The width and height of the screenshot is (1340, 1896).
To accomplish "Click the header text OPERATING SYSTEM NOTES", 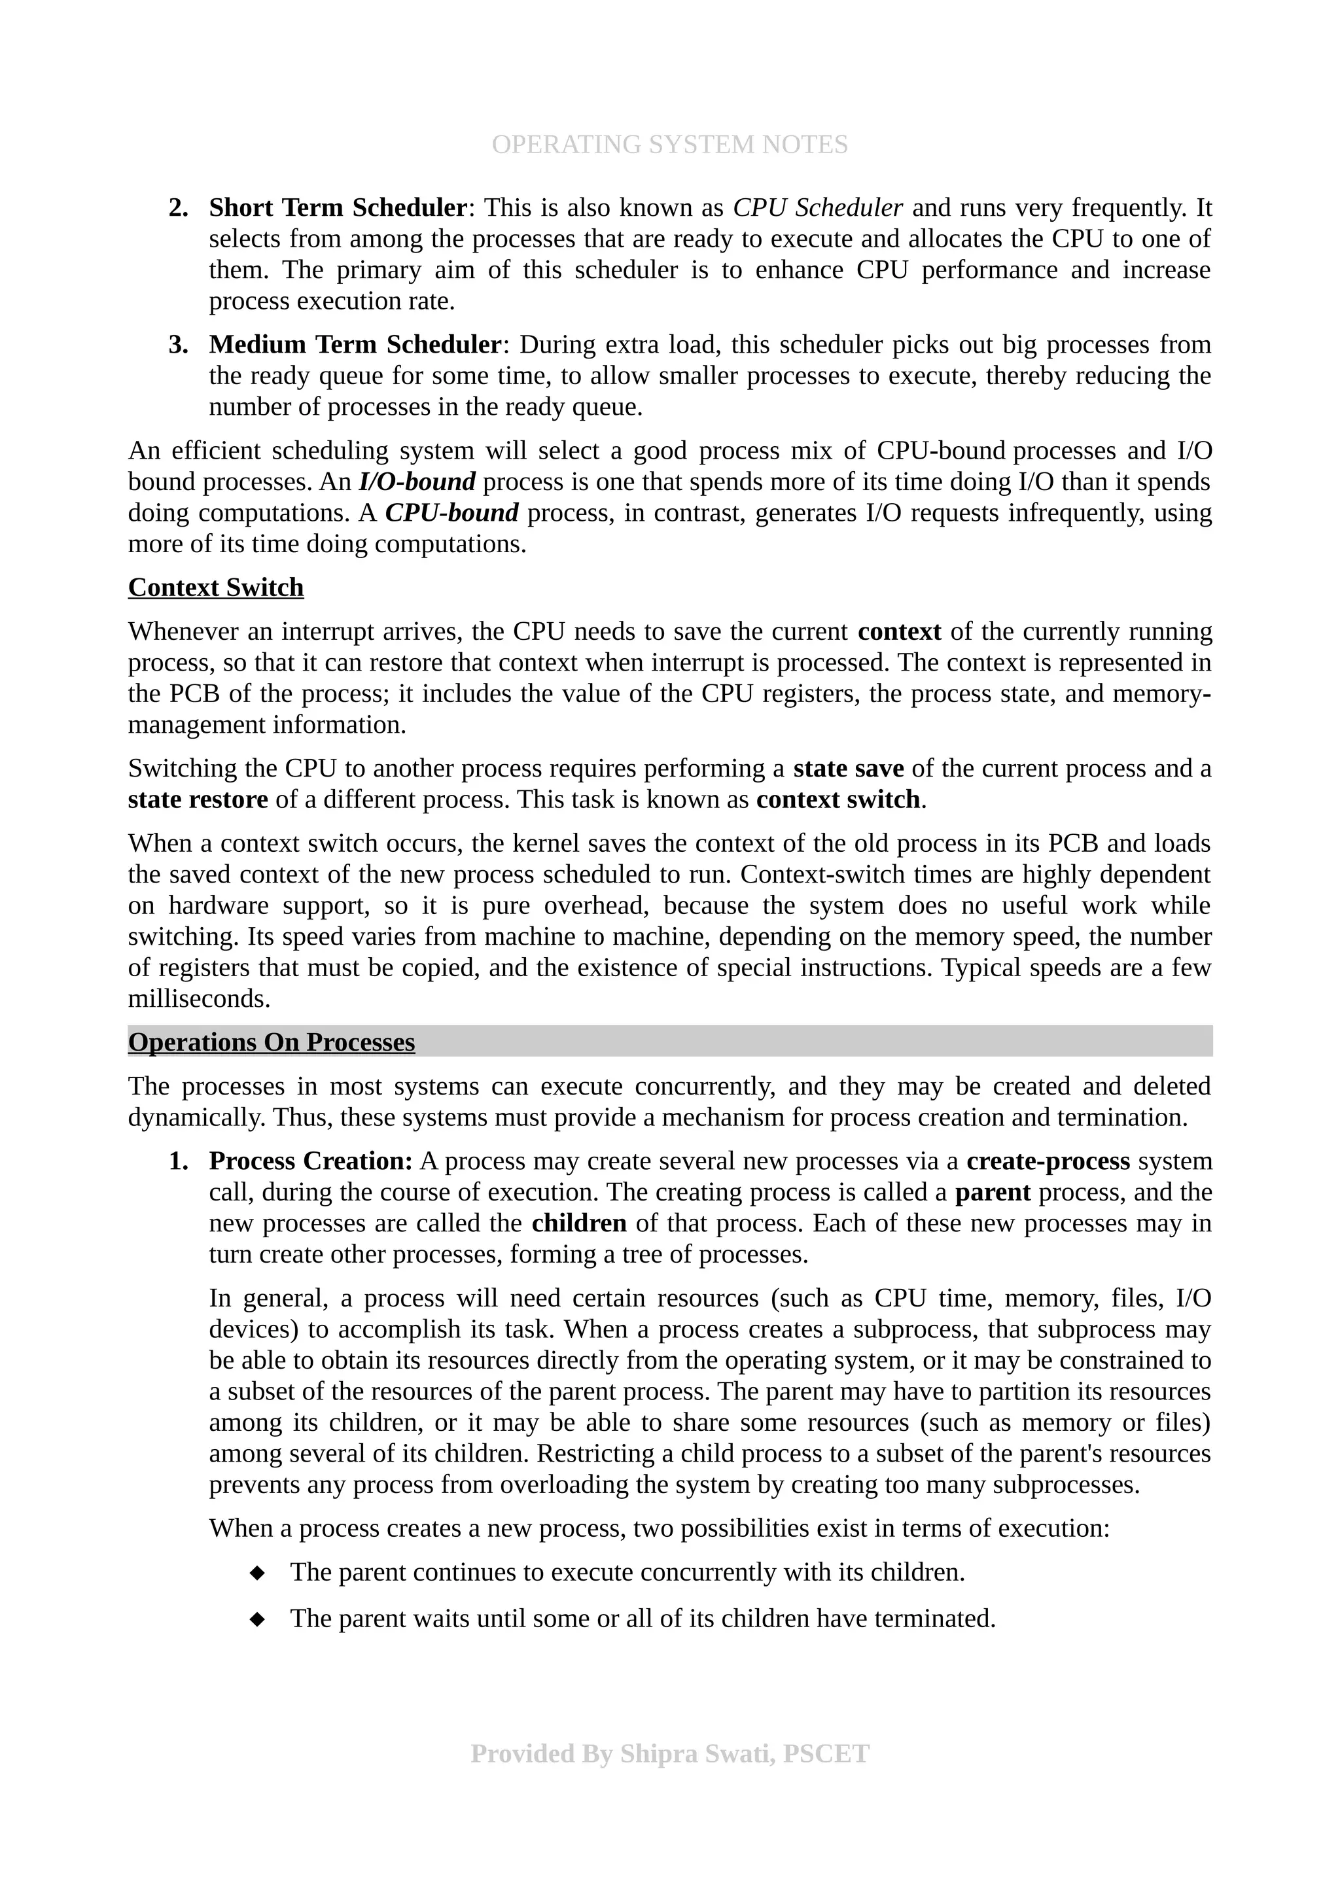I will tap(669, 145).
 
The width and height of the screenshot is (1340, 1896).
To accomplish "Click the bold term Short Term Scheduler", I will tap(338, 207).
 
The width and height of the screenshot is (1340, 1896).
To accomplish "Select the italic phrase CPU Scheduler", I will tap(817, 207).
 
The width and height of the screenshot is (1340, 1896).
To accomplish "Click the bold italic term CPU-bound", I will tap(451, 513).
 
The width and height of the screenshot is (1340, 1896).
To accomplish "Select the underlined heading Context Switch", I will tap(215, 587).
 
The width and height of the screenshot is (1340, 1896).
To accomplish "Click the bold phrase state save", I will tap(848, 769).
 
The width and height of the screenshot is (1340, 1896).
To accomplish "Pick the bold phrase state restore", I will tap(198, 800).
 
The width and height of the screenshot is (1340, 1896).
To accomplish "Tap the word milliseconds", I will tap(198, 999).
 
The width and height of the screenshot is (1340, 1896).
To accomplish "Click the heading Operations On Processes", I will tap(271, 1042).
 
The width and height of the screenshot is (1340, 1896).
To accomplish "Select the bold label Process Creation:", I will tap(310, 1161).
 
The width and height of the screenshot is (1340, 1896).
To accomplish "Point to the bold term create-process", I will tap(1048, 1161).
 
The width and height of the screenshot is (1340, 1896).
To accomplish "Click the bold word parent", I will tap(993, 1193).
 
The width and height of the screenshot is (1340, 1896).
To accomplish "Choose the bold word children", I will tap(579, 1223).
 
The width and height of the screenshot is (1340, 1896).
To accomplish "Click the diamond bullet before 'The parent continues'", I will tap(258, 1573).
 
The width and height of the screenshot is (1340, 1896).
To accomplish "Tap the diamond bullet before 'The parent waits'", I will tap(258, 1619).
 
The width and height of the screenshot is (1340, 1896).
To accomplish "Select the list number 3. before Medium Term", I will tap(179, 344).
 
